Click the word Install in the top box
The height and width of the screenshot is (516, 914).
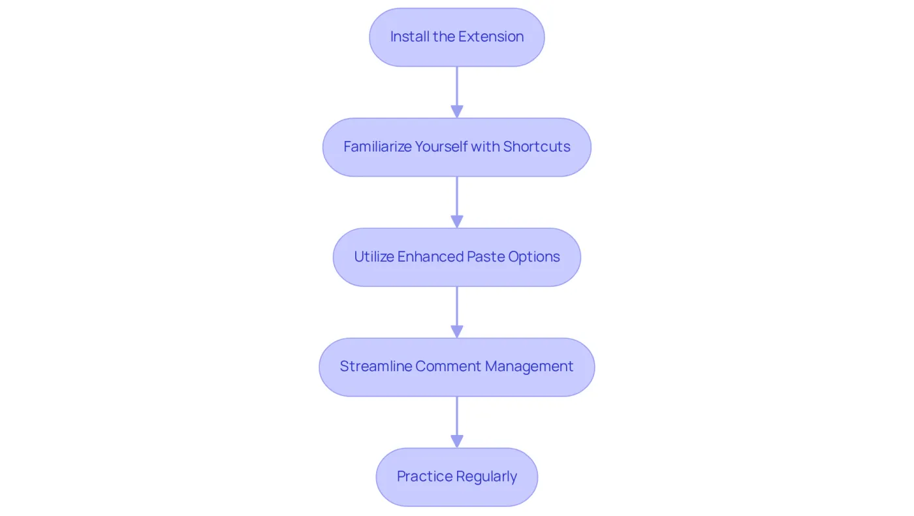tap(410, 37)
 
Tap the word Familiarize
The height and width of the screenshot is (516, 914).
tap(377, 146)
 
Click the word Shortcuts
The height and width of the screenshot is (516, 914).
tap(537, 146)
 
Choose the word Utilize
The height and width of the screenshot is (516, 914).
tap(374, 256)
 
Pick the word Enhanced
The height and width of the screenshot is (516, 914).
tap(430, 256)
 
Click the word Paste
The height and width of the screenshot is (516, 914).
tap(486, 256)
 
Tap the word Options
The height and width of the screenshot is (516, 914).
tap(534, 257)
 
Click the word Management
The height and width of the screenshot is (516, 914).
tap(529, 366)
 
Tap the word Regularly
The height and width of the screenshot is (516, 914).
tap(487, 476)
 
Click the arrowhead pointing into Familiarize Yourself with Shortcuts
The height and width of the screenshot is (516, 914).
tap(457, 112)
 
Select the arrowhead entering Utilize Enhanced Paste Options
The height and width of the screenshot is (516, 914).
tap(457, 221)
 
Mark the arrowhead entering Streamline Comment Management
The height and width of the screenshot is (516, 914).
tap(457, 332)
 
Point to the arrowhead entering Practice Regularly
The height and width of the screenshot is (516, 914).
tap(457, 442)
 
